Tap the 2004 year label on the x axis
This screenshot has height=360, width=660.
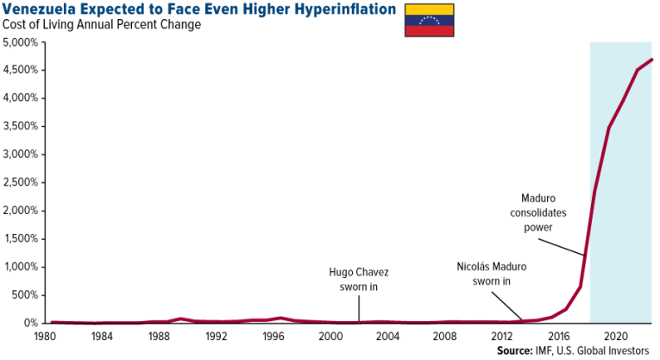pyautogui.click(x=387, y=335)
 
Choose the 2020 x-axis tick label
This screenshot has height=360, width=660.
pyautogui.click(x=615, y=335)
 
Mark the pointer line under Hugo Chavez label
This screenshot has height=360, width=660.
pyautogui.click(x=359, y=307)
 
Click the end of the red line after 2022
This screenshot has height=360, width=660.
pyautogui.click(x=651, y=60)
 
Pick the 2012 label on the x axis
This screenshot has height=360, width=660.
pyautogui.click(x=501, y=335)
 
